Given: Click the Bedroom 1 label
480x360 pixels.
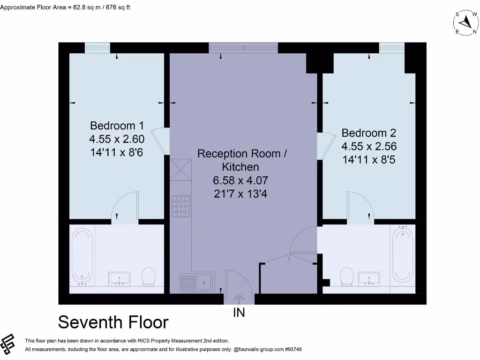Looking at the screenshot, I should click(x=117, y=126).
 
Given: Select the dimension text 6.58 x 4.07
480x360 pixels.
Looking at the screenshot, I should click(x=241, y=180).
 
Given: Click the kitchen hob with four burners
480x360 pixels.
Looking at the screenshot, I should click(x=181, y=206).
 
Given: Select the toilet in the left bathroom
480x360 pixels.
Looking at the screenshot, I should click(x=149, y=277).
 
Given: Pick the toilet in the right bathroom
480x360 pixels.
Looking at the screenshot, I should click(x=348, y=277).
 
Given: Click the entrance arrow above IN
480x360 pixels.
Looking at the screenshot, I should click(x=239, y=299).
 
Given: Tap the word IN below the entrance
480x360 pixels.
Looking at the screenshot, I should click(x=239, y=313).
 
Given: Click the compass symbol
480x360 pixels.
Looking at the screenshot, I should click(x=465, y=22).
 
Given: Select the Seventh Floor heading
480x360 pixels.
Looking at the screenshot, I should click(x=113, y=322).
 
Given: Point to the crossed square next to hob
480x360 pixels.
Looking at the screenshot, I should click(x=181, y=170).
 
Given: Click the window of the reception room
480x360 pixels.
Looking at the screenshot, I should click(x=243, y=47).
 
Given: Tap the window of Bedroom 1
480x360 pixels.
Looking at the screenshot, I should click(x=97, y=47).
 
